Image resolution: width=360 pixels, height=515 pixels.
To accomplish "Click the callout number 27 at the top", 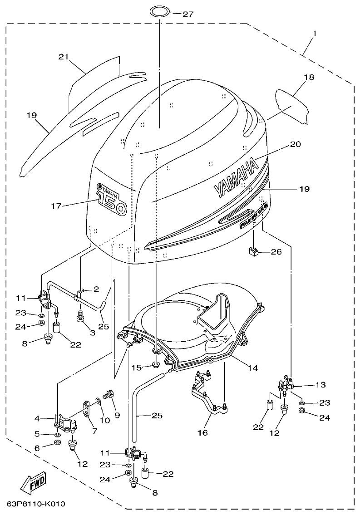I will pos(187,14).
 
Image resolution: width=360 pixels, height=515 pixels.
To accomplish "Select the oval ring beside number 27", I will pos(159,11).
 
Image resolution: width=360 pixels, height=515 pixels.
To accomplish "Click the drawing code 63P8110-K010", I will pos(36,505).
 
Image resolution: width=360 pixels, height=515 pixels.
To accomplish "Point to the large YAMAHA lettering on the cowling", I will pos(235,178).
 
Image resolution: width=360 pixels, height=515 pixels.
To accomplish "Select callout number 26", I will pos(276,251).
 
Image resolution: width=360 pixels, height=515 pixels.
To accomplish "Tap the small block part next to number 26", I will pos(253,251).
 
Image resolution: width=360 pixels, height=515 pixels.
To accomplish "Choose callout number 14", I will pos(253,368).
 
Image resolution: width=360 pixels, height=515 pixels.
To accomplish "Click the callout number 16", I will pos(202,432).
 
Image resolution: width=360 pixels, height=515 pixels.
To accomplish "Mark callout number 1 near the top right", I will pos(314,34).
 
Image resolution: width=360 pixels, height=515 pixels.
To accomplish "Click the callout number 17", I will pos(56,206).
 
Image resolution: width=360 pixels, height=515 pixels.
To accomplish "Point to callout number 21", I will pos(64,57).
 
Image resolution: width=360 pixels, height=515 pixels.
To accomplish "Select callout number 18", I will pos(309,77).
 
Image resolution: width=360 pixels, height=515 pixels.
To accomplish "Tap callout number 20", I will pos(295,144).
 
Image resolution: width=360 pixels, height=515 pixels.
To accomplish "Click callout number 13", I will pos(321,385).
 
